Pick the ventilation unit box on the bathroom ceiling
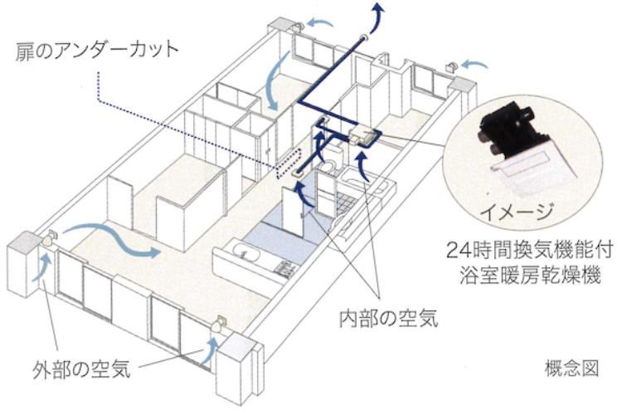pos(363,133)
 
